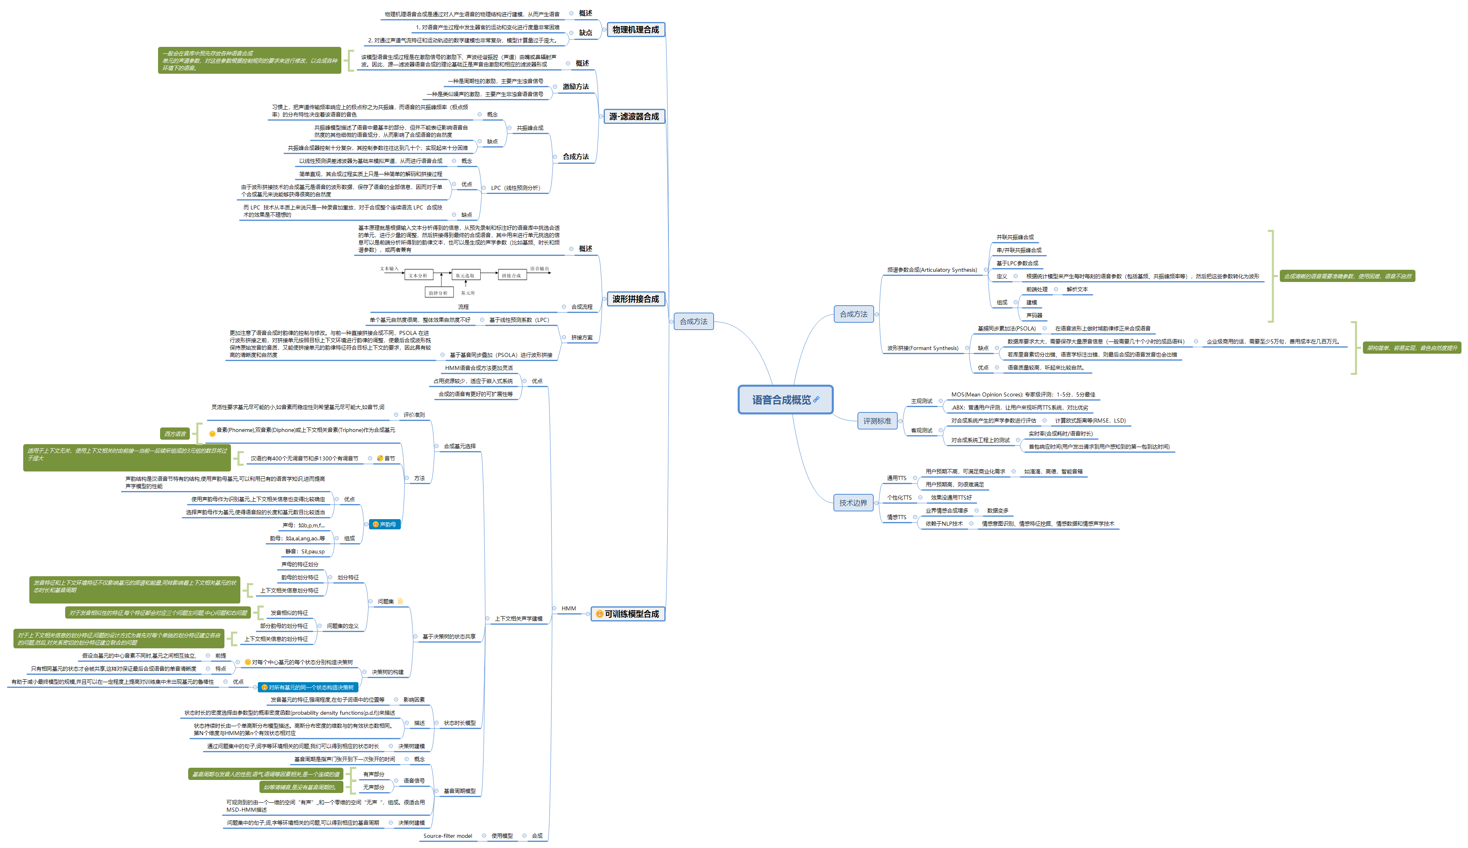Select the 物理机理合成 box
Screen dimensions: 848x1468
coord(635,30)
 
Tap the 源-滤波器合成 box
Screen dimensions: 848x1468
coord(633,117)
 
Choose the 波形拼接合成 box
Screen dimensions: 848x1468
coord(635,299)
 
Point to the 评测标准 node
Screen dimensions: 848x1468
coord(877,421)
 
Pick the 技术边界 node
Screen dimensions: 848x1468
coord(853,502)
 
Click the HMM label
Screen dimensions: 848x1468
coord(568,609)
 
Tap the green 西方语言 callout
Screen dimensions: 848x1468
coord(175,434)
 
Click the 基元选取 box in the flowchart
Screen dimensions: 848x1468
coord(464,275)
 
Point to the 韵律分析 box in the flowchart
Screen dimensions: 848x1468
coord(438,293)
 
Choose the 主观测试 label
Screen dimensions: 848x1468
coord(921,401)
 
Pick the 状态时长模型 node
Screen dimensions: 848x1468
coord(459,723)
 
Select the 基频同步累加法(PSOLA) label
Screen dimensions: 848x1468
coord(1007,328)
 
